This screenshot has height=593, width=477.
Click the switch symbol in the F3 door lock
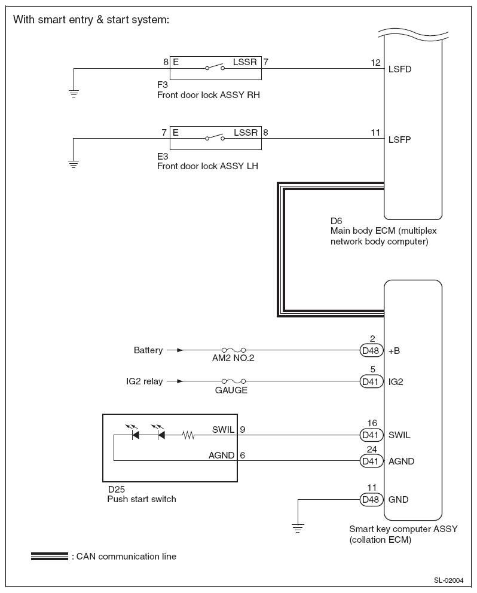pyautogui.click(x=215, y=68)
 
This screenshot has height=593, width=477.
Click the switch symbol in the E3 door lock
pyautogui.click(x=215, y=137)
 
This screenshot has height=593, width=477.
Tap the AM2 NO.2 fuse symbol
pyautogui.click(x=233, y=350)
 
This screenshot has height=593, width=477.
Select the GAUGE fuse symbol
pyautogui.click(x=233, y=381)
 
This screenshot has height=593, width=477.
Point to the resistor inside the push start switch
pyautogui.click(x=188, y=435)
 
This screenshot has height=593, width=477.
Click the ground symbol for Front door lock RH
pyautogui.click(x=74, y=93)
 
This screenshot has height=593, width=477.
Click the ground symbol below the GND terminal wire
pyautogui.click(x=298, y=528)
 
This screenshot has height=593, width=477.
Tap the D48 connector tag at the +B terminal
pyautogui.click(x=371, y=350)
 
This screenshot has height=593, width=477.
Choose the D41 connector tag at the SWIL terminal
pyautogui.click(x=371, y=435)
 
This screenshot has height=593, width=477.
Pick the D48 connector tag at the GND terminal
pyautogui.click(x=371, y=500)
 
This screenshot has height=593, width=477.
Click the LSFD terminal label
pyautogui.click(x=400, y=69)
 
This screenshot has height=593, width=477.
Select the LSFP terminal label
pyautogui.click(x=399, y=139)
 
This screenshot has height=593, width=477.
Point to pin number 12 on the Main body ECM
pyautogui.click(x=375, y=62)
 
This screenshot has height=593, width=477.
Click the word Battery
pyautogui.click(x=148, y=350)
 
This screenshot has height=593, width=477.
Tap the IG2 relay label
pyautogui.click(x=145, y=381)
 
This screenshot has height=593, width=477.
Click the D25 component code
pyautogui.click(x=116, y=490)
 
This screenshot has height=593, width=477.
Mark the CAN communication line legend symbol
pyautogui.click(x=50, y=556)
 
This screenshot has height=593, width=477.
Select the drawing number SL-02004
pyautogui.click(x=449, y=580)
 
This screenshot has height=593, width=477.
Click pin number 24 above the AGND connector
pyautogui.click(x=372, y=450)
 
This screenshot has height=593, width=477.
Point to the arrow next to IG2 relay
pyautogui.click(x=175, y=381)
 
